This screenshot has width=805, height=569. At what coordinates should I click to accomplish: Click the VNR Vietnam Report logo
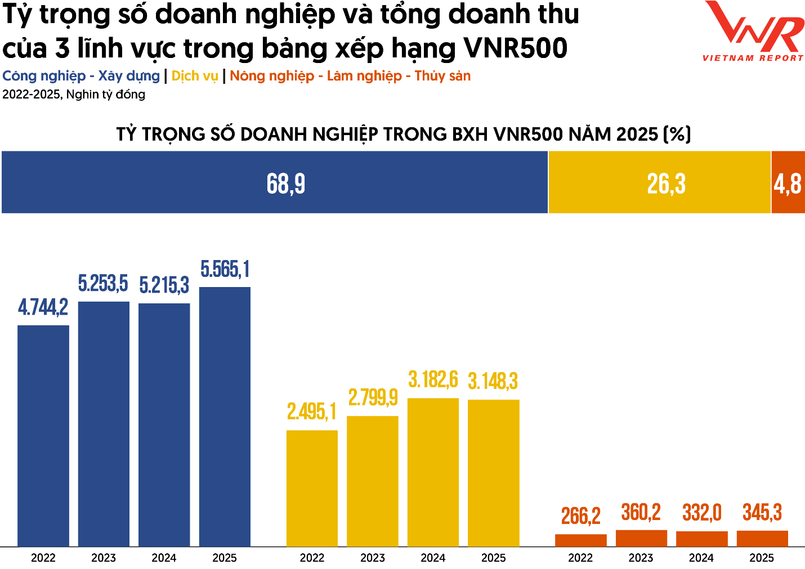click(x=753, y=31)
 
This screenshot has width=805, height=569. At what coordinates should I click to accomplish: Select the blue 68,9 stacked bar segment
click(x=275, y=182)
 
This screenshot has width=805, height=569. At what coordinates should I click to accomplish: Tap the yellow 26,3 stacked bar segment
click(x=660, y=182)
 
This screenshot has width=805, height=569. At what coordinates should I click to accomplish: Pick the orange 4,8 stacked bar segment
click(x=788, y=182)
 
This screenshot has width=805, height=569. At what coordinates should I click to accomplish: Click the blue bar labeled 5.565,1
click(x=225, y=416)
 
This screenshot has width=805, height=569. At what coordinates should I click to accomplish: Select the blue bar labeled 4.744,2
click(x=43, y=436)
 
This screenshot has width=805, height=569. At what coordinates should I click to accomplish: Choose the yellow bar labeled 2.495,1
click(x=312, y=488)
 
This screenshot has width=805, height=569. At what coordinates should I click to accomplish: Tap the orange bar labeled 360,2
click(x=641, y=538)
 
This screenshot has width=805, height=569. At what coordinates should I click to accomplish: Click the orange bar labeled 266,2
click(x=581, y=540)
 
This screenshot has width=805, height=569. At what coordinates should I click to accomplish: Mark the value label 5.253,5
click(x=103, y=284)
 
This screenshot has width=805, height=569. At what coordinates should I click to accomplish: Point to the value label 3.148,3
click(x=493, y=382)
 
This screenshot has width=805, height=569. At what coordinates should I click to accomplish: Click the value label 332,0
click(x=702, y=513)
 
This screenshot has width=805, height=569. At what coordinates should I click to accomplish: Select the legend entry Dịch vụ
click(x=194, y=76)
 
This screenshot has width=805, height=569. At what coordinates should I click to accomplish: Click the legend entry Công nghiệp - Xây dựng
click(x=81, y=76)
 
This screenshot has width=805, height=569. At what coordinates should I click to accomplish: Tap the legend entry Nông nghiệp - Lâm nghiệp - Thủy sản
click(x=350, y=76)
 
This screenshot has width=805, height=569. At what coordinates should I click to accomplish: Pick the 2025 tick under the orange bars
click(x=762, y=558)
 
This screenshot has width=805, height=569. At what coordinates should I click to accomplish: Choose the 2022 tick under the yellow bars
click(x=312, y=558)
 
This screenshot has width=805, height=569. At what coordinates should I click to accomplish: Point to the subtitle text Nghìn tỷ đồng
click(x=106, y=95)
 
